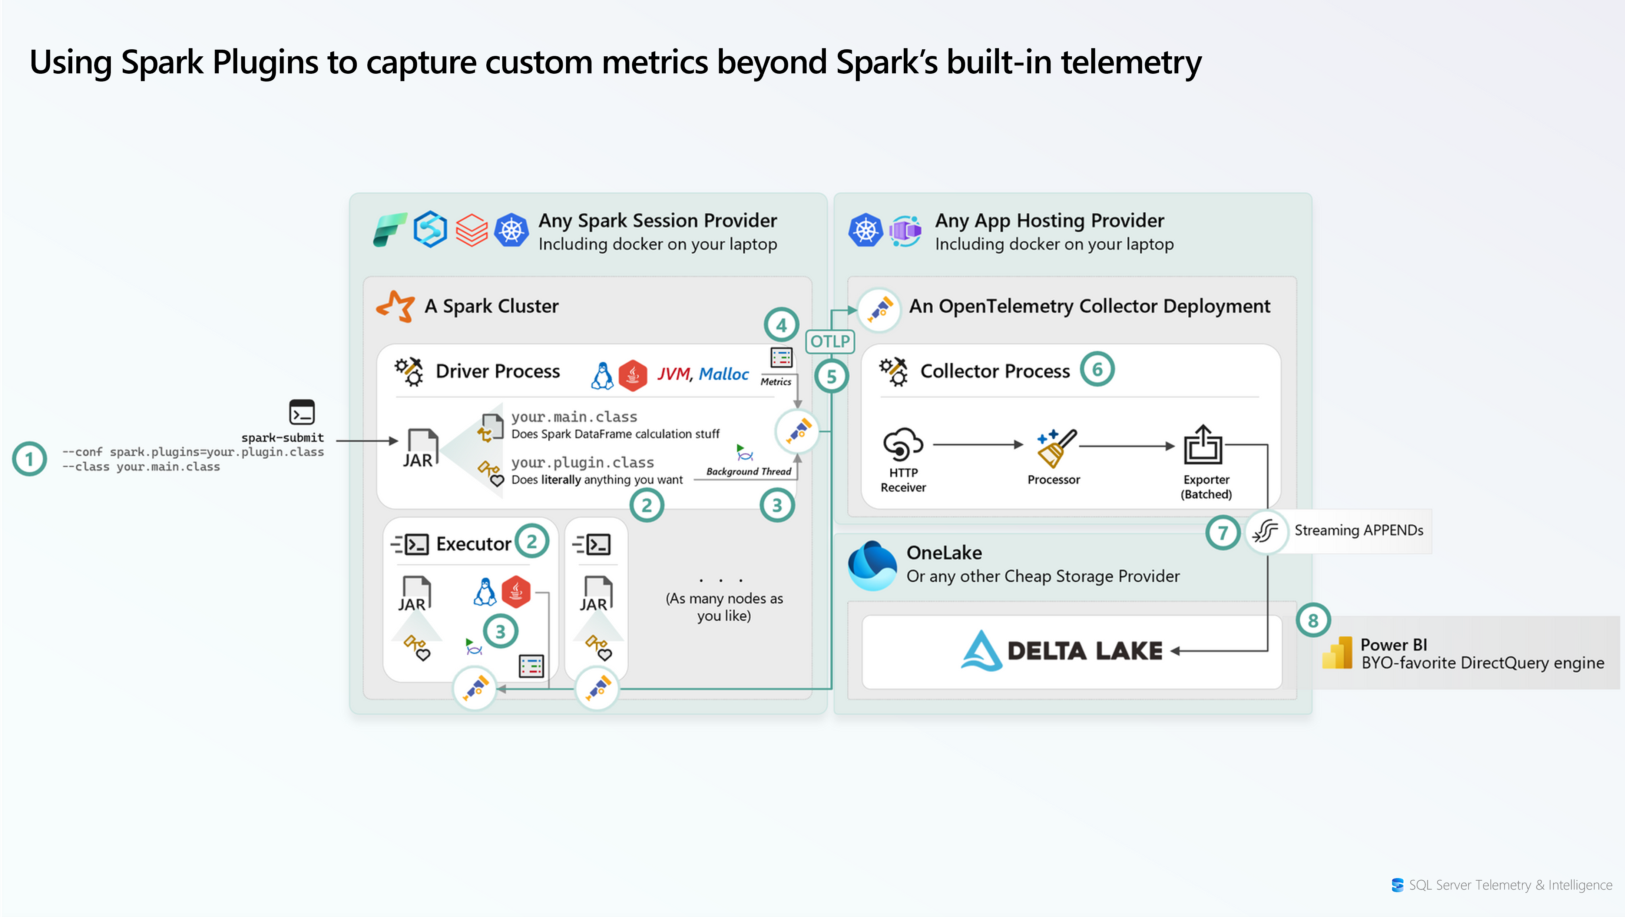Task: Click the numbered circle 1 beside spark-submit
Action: click(x=29, y=459)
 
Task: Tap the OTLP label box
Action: click(x=830, y=341)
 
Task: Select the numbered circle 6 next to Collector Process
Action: click(x=1097, y=369)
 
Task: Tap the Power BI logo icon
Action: click(x=1337, y=653)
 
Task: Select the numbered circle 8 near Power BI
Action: click(x=1313, y=621)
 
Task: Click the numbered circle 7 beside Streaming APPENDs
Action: click(x=1222, y=532)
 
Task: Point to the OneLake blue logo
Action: click(x=872, y=564)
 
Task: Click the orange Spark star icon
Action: click(x=396, y=306)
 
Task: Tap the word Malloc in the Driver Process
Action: click(x=724, y=374)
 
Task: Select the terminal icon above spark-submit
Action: click(x=301, y=412)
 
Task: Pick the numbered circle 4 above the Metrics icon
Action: click(x=781, y=325)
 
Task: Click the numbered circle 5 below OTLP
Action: click(x=831, y=376)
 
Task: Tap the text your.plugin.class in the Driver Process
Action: click(x=582, y=462)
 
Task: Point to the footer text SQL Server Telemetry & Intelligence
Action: click(x=1510, y=885)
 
